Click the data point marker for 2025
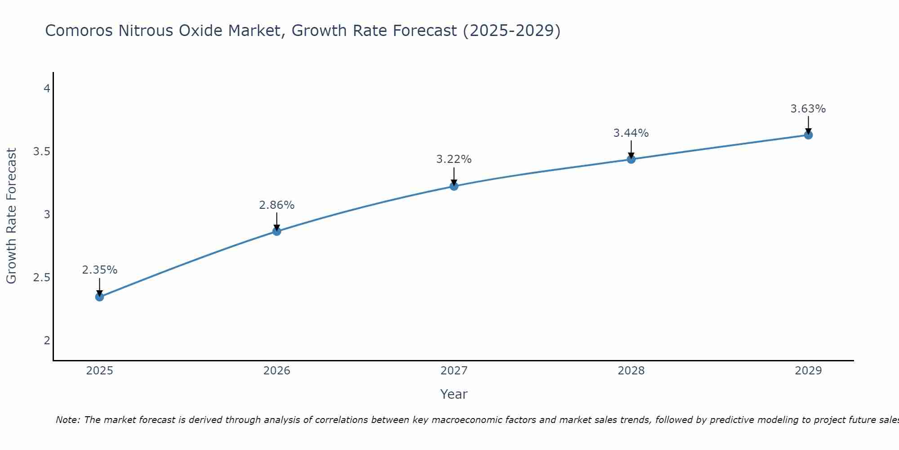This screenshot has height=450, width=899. point(100,297)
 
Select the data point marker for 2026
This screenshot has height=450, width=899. point(277,231)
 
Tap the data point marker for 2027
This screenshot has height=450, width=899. point(454,186)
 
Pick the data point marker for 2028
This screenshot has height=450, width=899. point(631,159)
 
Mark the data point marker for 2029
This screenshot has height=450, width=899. point(808,135)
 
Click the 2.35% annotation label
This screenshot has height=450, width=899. point(100,270)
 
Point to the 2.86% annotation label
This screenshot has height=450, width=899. point(277,205)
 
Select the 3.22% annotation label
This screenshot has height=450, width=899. point(454,159)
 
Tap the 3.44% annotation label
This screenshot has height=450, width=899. point(631,133)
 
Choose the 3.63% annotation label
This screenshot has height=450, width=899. point(808,109)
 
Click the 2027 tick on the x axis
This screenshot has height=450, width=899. point(454,371)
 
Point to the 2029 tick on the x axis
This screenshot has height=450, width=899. point(808,371)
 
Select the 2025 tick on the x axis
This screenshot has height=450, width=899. point(100,371)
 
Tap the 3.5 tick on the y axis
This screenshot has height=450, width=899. point(41,152)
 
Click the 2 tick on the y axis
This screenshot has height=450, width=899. point(47,341)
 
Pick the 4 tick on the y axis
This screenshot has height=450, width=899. point(47,89)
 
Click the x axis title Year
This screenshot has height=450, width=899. point(454,394)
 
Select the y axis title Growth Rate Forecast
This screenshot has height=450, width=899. point(11,216)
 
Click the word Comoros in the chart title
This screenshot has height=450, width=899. point(80,31)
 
